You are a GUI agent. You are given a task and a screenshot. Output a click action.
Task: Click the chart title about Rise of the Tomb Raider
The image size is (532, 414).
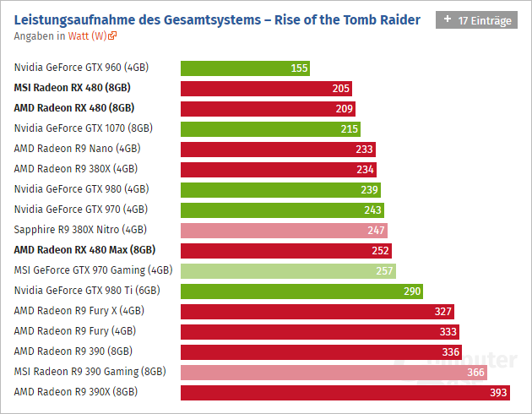coord(217,19)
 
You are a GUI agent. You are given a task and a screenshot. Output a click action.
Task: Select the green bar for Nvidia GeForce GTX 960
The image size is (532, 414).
coord(245,68)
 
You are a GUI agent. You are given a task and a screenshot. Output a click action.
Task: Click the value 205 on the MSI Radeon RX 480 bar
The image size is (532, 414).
coord(340,89)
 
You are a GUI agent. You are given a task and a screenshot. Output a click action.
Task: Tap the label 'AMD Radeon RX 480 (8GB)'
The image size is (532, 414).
coord(74,108)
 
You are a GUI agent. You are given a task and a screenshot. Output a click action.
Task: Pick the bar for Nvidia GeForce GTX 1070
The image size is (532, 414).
coord(270,129)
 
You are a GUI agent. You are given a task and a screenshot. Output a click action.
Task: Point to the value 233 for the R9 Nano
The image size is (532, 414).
coord(364,150)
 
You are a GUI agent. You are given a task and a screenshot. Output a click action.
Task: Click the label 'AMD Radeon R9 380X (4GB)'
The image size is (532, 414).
coord(75,169)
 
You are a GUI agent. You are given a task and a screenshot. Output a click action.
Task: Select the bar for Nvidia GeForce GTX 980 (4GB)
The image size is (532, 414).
coord(280,189)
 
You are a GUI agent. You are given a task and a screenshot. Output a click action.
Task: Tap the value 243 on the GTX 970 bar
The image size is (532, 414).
coord(372,210)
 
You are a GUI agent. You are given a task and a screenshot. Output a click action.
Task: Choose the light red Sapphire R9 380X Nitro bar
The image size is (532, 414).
coord(284,230)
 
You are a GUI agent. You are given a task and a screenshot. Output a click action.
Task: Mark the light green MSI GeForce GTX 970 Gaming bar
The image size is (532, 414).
coord(288,271)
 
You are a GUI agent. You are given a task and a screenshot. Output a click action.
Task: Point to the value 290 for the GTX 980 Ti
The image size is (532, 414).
coord(412,291)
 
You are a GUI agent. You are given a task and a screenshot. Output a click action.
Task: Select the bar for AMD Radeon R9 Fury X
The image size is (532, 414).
coord(318,312)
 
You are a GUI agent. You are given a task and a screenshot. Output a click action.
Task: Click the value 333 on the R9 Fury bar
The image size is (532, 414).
coord(448,332)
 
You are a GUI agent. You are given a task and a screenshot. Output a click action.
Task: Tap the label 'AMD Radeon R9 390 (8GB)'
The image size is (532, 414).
coord(73,351)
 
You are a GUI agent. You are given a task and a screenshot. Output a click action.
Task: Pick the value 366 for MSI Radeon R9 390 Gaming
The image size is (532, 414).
coord(476,373)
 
